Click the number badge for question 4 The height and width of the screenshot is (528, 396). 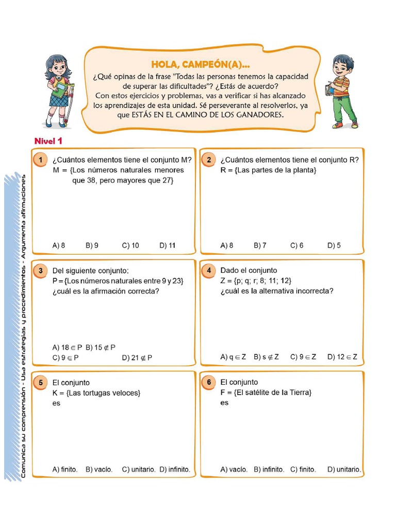(x=208, y=271)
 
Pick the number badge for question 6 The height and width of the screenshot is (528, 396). (x=208, y=383)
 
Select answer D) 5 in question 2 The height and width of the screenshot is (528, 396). (x=334, y=245)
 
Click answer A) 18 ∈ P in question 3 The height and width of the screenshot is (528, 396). (x=68, y=347)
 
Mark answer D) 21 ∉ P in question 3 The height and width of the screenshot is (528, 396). (x=137, y=357)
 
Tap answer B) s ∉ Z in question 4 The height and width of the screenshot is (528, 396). (x=266, y=357)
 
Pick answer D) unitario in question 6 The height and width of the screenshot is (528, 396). (x=344, y=469)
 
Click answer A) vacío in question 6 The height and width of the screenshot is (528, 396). (x=234, y=469)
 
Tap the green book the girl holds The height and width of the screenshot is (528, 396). (x=61, y=91)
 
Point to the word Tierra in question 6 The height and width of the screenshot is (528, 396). (x=299, y=392)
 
